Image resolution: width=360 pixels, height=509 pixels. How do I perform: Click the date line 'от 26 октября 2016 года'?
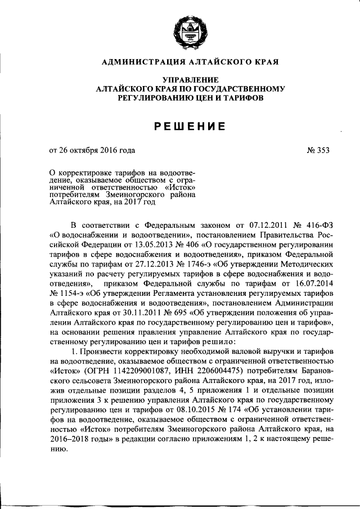pos(92,150)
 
